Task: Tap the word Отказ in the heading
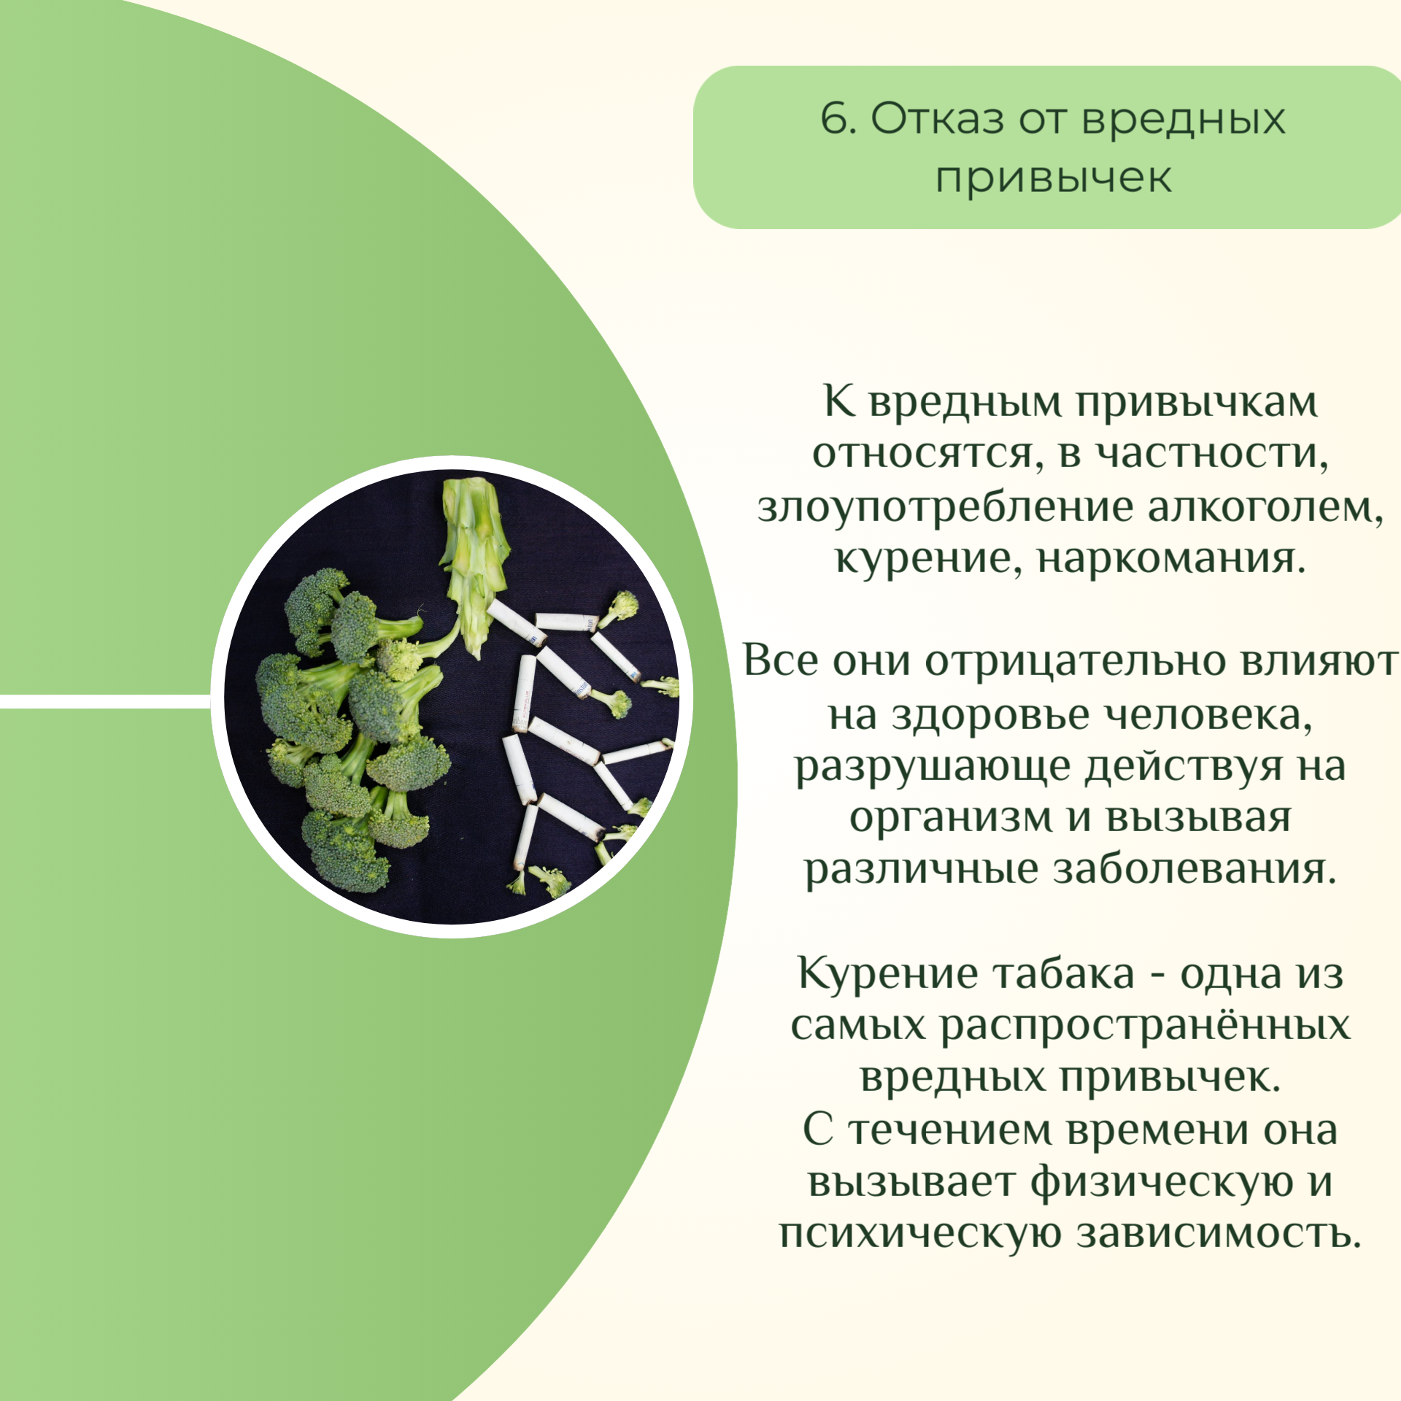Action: pos(938,118)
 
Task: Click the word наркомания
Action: pos(1171,560)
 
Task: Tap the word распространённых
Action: pos(1145,1027)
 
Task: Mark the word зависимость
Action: pos(1219,1235)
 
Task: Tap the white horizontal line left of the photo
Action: pos(105,701)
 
